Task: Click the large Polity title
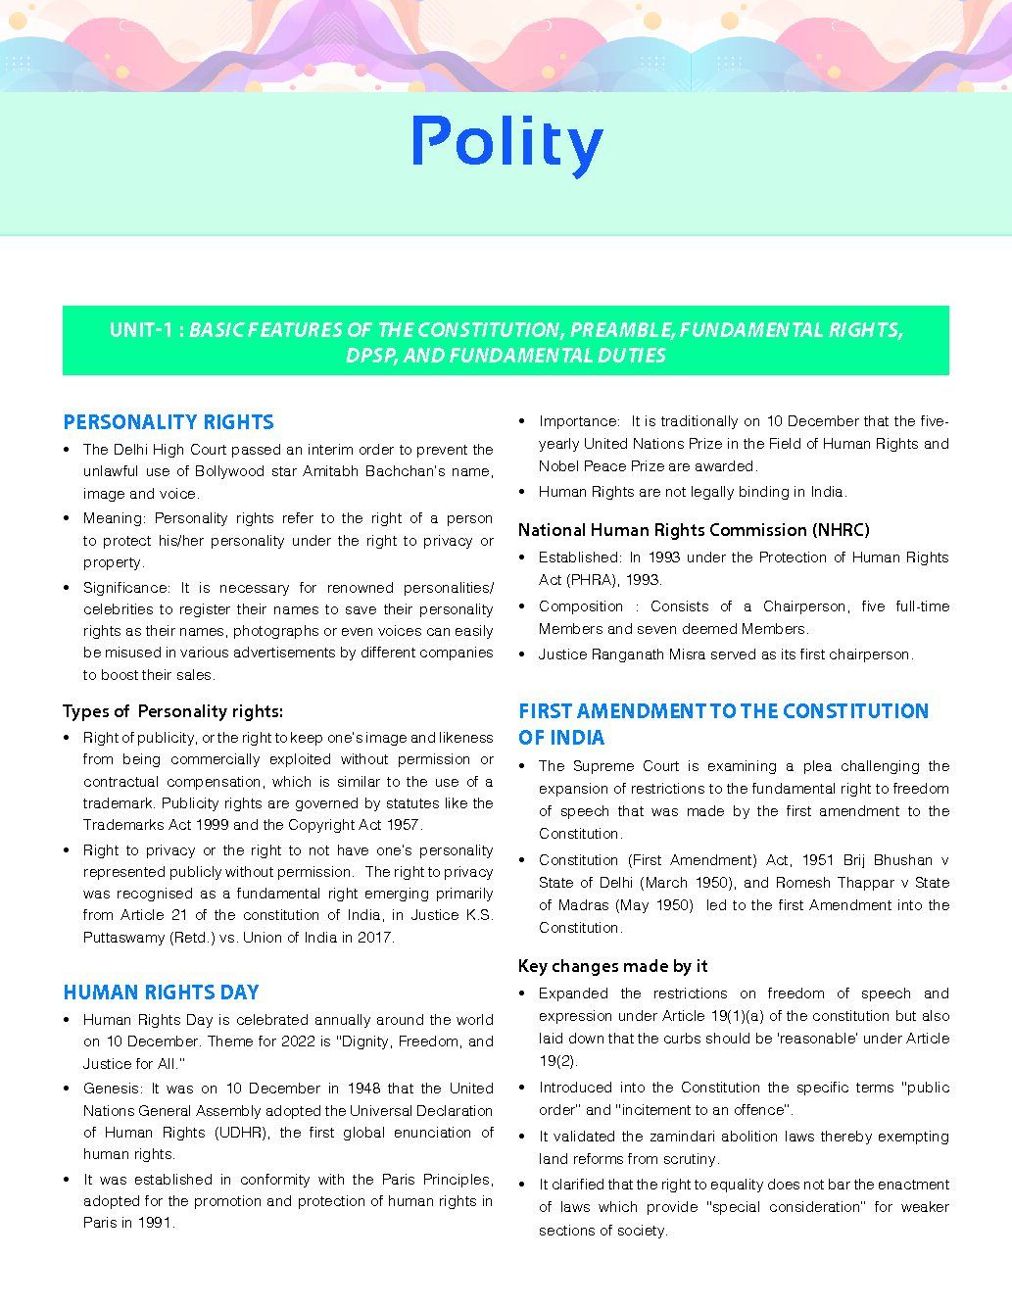(x=506, y=145)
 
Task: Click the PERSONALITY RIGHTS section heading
(x=169, y=422)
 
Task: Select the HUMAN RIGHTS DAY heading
(x=161, y=993)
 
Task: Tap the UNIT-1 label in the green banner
(x=144, y=330)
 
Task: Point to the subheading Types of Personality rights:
(x=172, y=711)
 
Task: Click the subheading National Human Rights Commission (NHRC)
(x=694, y=530)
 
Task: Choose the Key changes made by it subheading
(x=612, y=966)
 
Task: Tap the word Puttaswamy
(x=120, y=938)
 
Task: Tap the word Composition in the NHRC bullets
(x=581, y=606)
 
